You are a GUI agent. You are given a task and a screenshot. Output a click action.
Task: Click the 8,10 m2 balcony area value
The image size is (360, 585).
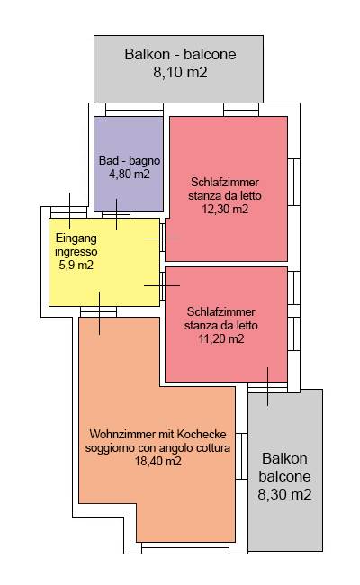[180, 72]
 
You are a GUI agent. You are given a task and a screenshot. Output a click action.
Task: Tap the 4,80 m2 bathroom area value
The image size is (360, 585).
[130, 174]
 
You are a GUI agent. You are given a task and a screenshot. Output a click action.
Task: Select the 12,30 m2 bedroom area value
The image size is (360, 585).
[225, 209]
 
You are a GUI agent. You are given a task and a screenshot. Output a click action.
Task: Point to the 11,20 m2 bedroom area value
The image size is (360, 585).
[221, 338]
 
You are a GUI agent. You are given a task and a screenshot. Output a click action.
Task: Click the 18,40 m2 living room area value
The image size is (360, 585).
[158, 461]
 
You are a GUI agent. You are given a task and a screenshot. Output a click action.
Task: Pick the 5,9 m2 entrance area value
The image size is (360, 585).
[76, 265]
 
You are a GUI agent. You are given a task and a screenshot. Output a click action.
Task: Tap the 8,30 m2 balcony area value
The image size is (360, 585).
[284, 494]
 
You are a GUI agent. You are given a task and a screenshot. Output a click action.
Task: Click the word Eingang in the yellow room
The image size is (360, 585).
[76, 238]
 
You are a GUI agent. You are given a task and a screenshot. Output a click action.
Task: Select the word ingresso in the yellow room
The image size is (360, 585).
[76, 252]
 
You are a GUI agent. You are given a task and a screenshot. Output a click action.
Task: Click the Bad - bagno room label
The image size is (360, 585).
[130, 160]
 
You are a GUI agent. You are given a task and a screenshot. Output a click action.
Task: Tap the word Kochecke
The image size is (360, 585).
[202, 435]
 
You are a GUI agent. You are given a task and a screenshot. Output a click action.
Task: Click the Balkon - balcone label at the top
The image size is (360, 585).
[180, 54]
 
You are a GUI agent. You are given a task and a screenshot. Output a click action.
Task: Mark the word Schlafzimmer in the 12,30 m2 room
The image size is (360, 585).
[225, 182]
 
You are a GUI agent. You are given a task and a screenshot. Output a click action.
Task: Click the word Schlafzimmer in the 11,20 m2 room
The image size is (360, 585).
[221, 312]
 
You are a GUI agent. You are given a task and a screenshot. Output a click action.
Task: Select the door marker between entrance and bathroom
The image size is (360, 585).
[117, 214]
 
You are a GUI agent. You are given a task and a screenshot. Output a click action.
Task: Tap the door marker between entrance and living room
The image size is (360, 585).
[99, 313]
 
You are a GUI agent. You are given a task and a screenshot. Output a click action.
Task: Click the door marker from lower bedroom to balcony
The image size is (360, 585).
[267, 386]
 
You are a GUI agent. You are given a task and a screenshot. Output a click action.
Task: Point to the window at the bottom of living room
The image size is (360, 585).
[185, 548]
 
